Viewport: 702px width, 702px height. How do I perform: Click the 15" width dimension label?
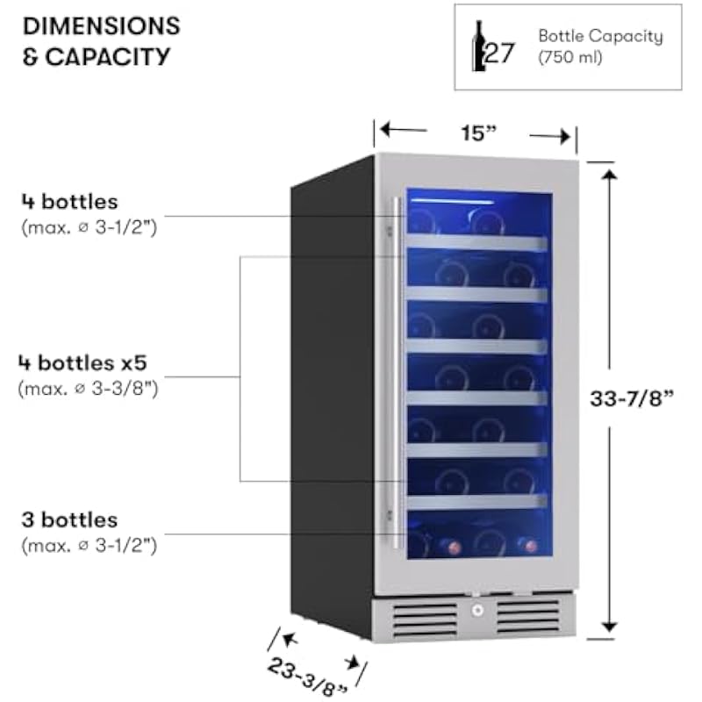478,133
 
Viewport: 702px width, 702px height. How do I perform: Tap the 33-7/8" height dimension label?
631,397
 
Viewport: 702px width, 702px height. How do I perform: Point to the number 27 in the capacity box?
501,54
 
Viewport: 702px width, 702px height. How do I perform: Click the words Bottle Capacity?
600,37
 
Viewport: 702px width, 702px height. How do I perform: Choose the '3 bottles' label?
69,520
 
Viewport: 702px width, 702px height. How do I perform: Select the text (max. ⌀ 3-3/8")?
88,386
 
